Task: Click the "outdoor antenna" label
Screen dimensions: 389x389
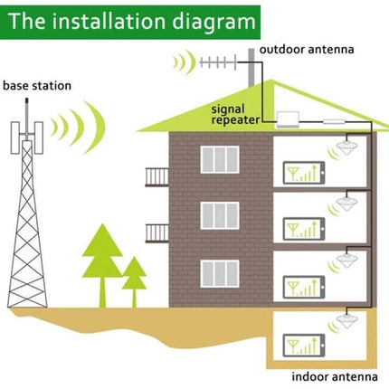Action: pos(305,49)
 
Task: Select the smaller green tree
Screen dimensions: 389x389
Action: pos(134,276)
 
